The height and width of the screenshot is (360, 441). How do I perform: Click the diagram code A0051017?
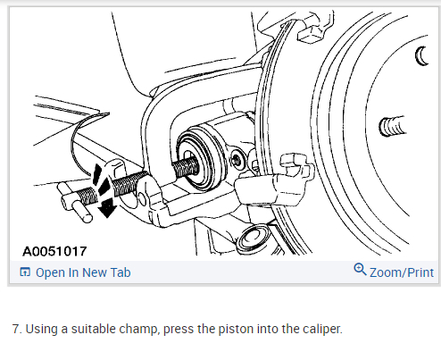[54, 251]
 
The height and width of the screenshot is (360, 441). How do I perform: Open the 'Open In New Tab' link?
[83, 272]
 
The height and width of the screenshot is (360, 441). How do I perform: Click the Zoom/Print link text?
[402, 272]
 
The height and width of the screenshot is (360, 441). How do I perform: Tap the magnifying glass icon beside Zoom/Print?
[360, 269]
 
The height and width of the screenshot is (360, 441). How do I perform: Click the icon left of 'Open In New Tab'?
[25, 272]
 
